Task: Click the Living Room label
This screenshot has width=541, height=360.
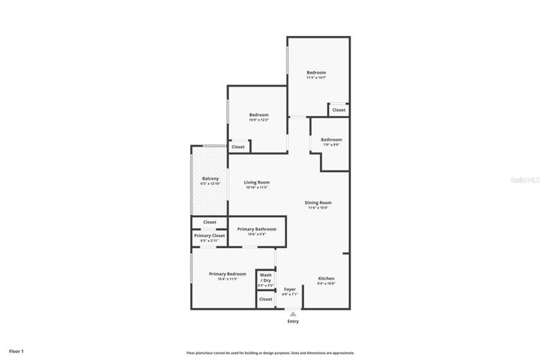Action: pos(256,182)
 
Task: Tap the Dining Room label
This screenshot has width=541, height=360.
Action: pos(318,203)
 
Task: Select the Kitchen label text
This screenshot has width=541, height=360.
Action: pos(325,278)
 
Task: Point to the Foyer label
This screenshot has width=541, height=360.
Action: pos(289,289)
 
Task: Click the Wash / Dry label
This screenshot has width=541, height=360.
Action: pos(266,277)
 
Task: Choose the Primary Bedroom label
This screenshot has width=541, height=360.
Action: pos(228,273)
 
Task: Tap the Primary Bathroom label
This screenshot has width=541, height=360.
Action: pos(256,229)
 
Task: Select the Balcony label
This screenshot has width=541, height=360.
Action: pos(209,178)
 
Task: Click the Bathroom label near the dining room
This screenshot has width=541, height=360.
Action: pos(331,140)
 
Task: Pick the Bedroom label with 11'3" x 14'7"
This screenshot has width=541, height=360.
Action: pos(316,73)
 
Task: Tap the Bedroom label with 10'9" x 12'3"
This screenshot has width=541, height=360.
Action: pos(258,115)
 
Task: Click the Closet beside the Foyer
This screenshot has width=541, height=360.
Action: pos(266,299)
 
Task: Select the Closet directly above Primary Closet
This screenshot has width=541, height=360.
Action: pos(209,222)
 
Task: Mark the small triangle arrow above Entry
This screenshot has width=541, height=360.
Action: pos(292,314)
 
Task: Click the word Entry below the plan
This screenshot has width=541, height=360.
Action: pos(292,321)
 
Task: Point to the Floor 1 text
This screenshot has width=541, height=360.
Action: pos(16,351)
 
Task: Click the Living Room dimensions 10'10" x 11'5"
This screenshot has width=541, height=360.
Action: pos(256,187)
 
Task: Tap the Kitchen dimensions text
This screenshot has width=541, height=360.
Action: pos(325,283)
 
